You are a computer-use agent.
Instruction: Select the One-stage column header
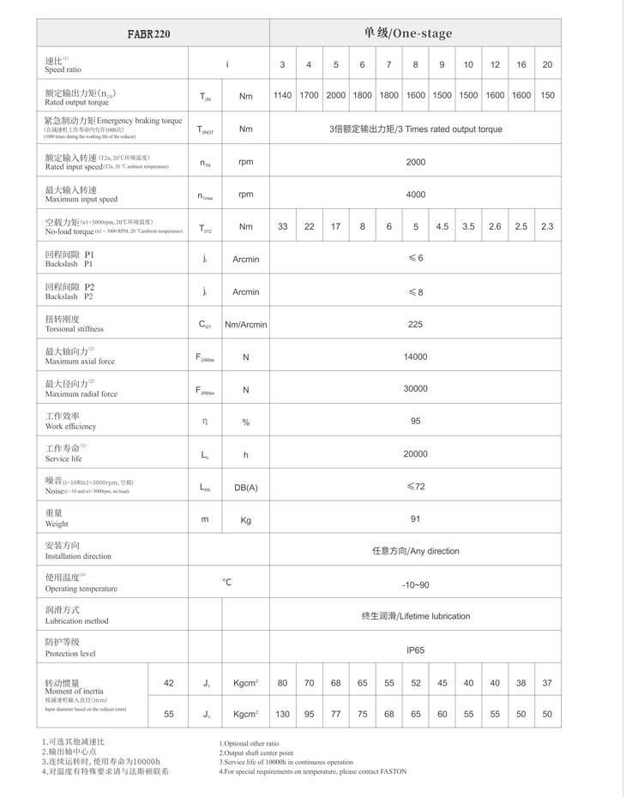coord(415,33)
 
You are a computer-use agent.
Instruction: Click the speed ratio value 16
coord(521,64)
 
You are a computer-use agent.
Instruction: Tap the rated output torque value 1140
coord(282,95)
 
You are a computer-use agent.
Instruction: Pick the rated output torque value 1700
coord(309,95)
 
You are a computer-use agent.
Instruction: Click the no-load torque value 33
coord(282,226)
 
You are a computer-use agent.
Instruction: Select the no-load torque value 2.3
coord(547,226)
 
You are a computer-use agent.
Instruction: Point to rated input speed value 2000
coord(415,162)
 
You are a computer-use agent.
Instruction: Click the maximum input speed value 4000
coord(415,195)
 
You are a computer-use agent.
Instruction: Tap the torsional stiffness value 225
coord(415,325)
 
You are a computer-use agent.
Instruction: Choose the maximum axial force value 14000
coord(415,357)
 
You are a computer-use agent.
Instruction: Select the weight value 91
coord(415,518)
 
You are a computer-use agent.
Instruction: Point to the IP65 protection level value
coord(415,650)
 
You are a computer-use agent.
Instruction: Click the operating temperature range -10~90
coord(415,584)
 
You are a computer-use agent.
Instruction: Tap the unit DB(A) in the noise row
coord(245,487)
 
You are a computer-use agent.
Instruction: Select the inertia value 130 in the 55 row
coord(282,713)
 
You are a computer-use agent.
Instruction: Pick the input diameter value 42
coord(168,683)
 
